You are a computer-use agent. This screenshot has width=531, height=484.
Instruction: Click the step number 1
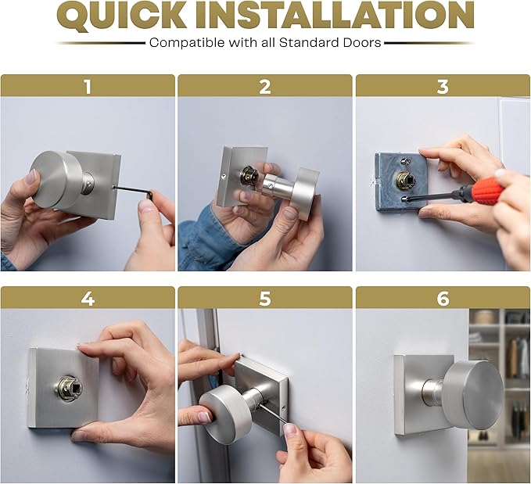click(x=88, y=87)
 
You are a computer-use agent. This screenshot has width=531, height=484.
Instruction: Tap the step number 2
click(x=265, y=87)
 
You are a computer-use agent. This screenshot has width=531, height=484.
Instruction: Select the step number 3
click(x=443, y=87)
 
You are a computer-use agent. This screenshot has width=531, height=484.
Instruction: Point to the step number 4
click(x=88, y=299)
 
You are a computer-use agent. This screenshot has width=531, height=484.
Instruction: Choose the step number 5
click(x=265, y=299)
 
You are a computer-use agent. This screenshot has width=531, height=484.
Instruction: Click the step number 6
click(x=443, y=299)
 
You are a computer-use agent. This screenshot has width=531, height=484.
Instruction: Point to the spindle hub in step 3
click(x=404, y=180)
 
